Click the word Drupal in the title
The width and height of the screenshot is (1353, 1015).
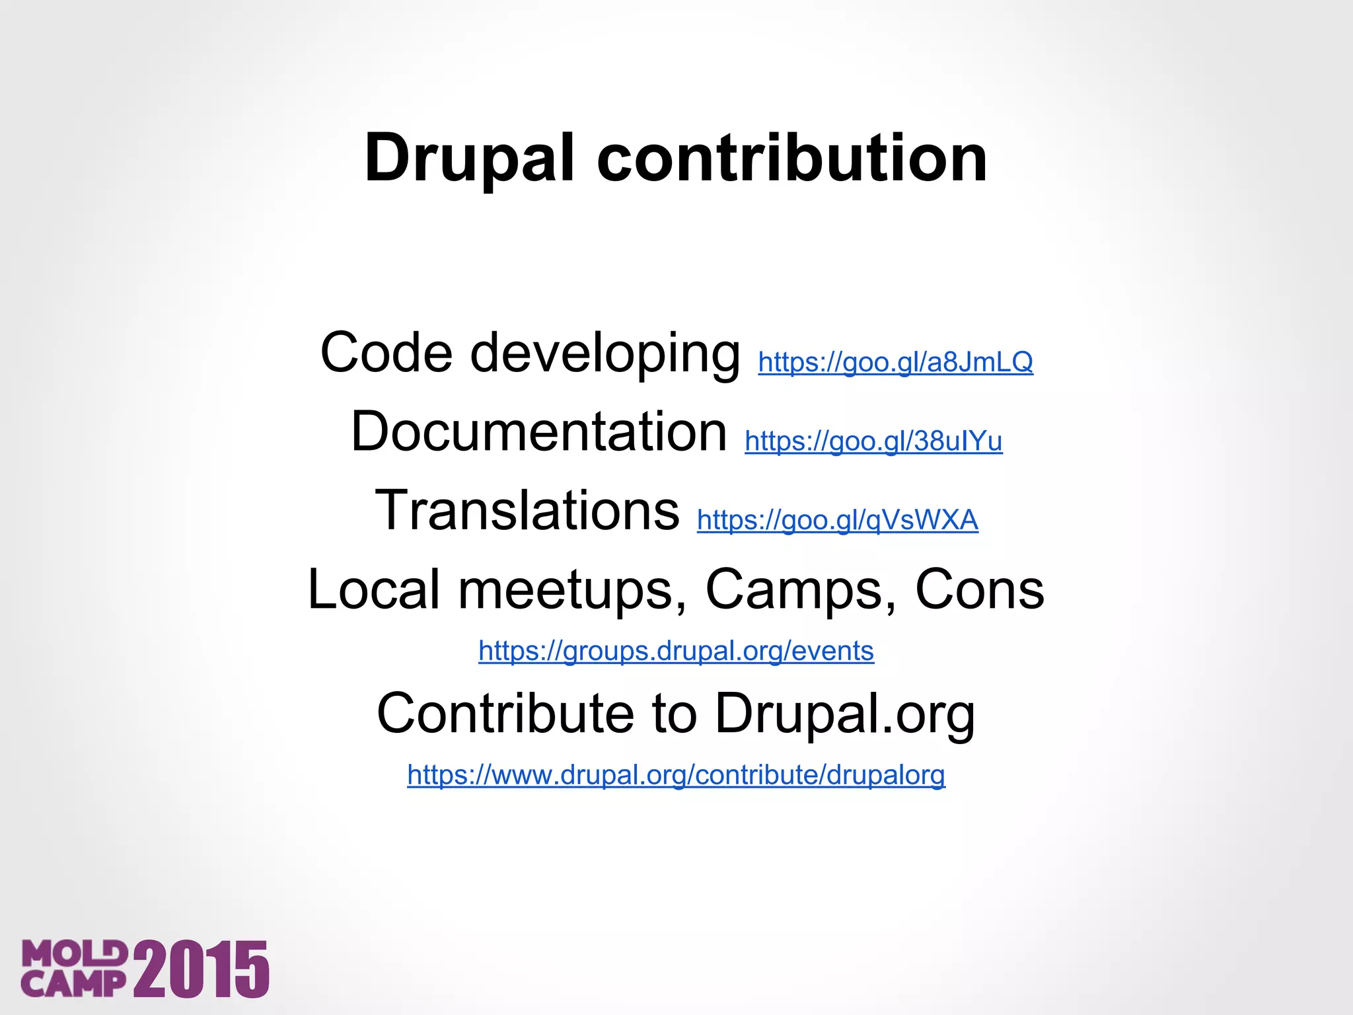click(x=469, y=159)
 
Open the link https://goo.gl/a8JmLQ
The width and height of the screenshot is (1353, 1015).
click(x=895, y=362)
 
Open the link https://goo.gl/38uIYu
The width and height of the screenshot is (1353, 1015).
click(x=873, y=441)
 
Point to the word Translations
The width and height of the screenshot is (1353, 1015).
click(x=527, y=510)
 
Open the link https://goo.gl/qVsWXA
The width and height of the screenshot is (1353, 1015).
click(x=837, y=521)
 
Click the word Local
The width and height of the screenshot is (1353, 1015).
click(x=374, y=589)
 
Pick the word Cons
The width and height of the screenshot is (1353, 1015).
click(x=979, y=589)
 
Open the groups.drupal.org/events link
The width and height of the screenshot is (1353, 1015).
click(x=676, y=652)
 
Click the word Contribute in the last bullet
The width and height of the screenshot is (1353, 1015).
click(x=505, y=714)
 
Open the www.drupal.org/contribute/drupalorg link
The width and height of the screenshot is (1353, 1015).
click(x=676, y=775)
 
